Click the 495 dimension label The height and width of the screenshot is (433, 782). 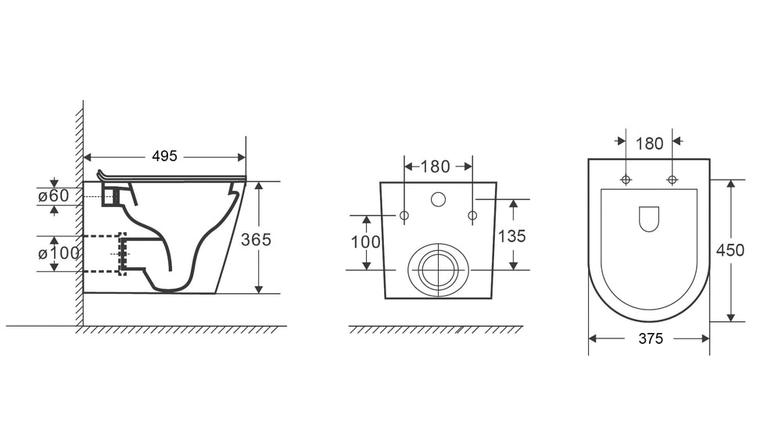(164, 156)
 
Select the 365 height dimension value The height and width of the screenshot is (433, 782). (256, 240)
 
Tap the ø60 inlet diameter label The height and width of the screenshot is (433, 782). (54, 196)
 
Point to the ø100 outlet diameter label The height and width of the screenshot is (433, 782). (59, 253)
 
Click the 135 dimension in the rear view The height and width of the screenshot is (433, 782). (511, 236)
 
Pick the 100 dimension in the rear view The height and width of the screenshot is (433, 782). (365, 242)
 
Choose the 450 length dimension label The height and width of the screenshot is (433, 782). (730, 250)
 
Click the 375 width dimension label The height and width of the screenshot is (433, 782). (651, 339)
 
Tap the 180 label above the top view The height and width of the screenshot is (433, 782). (649, 144)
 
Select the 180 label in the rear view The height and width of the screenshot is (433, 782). (436, 166)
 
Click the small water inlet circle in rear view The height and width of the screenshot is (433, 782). (438, 199)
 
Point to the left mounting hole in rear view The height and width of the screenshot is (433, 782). (404, 216)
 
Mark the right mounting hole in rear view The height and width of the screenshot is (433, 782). (472, 216)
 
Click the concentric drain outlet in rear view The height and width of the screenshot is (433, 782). (439, 270)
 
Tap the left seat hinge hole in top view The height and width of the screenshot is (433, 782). (626, 180)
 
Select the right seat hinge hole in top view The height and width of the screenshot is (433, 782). (673, 180)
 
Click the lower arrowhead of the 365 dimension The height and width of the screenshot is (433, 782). (258, 288)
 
